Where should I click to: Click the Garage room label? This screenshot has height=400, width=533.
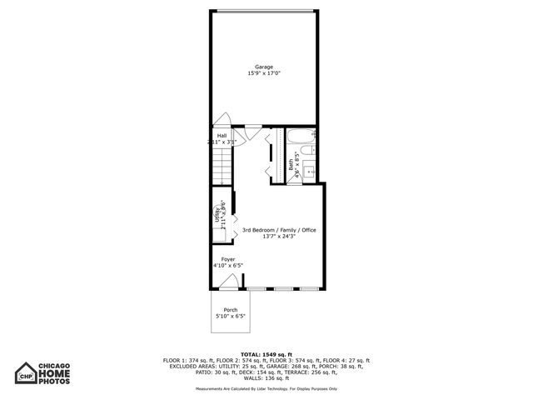[x=264, y=67]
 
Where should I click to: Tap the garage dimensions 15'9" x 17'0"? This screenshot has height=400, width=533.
[x=264, y=73]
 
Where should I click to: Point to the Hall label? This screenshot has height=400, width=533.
[x=222, y=135]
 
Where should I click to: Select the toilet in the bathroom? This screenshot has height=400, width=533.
[x=309, y=154]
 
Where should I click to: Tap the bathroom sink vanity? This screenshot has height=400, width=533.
[x=308, y=172]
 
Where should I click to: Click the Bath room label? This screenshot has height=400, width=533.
[x=291, y=164]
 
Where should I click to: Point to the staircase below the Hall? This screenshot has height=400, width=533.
[x=220, y=170]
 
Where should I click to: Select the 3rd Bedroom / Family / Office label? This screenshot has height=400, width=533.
[x=279, y=230]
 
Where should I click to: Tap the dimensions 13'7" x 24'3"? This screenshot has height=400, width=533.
[x=279, y=237]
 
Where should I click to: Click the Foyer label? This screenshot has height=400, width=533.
[x=227, y=259]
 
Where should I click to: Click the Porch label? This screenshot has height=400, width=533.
[x=230, y=310]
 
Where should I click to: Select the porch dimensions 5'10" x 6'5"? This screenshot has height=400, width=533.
[x=230, y=317]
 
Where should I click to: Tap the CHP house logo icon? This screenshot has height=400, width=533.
[x=26, y=375]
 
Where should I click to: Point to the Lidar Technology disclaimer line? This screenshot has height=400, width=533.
[x=266, y=388]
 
